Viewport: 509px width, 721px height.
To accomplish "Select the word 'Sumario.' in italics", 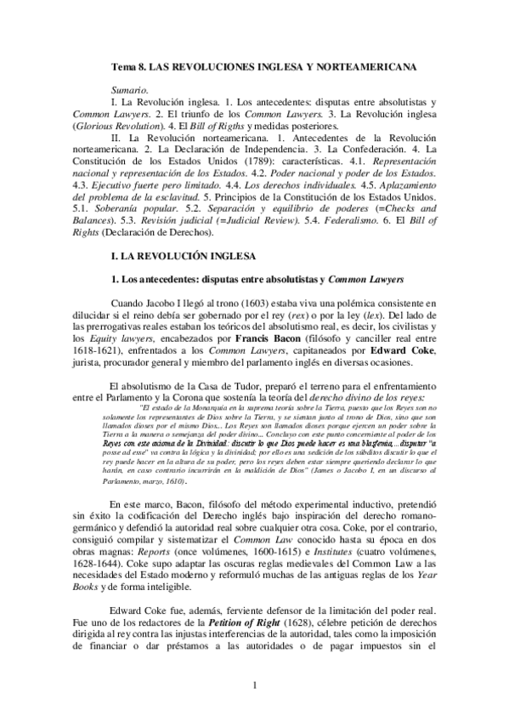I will pyautogui.click(x=129, y=88).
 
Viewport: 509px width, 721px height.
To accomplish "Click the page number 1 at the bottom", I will pyautogui.click(x=254, y=684).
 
